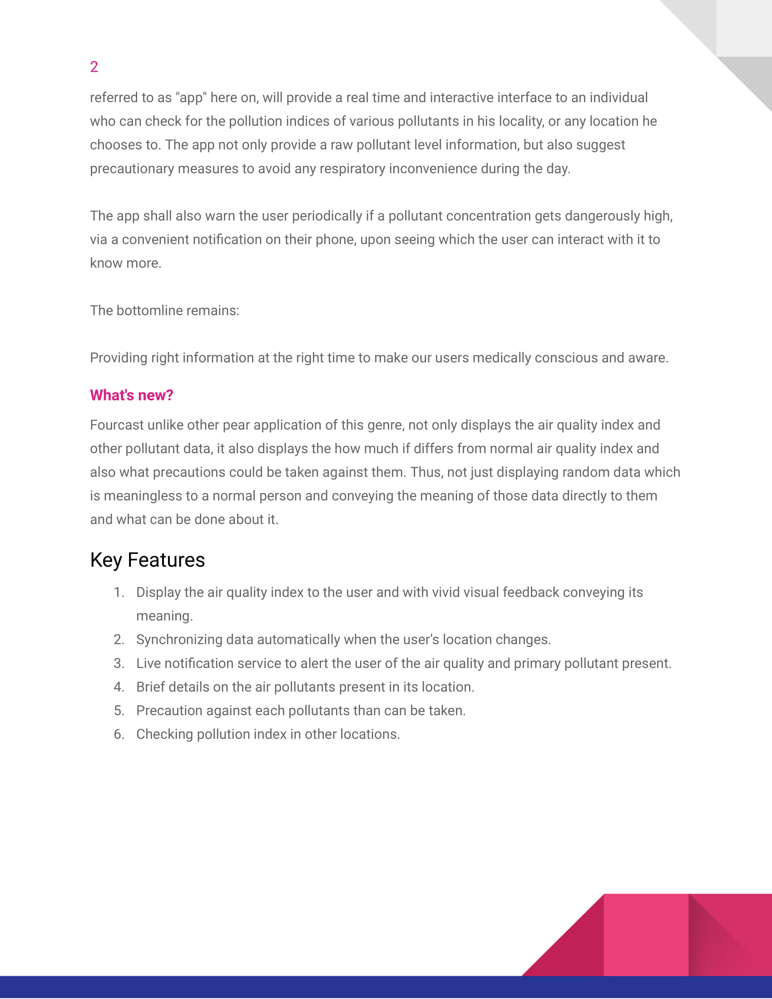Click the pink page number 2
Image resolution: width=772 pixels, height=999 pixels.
(94, 67)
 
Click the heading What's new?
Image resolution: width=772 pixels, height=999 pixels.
(131, 395)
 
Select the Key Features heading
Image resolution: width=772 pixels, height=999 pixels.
(147, 560)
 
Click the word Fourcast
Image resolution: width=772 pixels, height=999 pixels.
(117, 425)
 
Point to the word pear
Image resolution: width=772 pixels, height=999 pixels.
(236, 425)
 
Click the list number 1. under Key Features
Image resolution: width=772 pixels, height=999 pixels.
(119, 592)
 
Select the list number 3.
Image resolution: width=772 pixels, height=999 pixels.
(119, 663)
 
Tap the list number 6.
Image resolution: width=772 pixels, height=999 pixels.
(119, 734)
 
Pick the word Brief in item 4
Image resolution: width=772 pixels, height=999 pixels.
(150, 687)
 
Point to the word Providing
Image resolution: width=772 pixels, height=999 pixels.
(119, 358)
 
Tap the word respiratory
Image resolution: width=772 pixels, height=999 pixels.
(352, 169)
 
